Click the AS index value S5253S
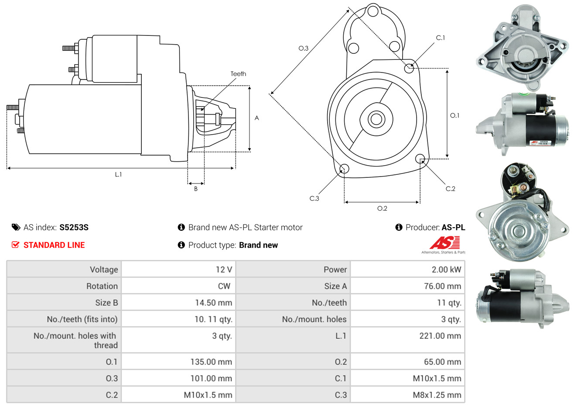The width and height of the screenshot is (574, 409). coord(74,227)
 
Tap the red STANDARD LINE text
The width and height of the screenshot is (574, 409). coord(54,245)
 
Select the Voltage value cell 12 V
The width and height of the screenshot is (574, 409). coord(224,270)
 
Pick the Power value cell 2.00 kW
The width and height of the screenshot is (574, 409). coord(446,270)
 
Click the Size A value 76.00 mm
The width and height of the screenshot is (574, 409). coord(442,286)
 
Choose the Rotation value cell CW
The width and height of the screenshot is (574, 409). coord(224,286)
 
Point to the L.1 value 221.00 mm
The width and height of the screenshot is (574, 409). coord(440,336)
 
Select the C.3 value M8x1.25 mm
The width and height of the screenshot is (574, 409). coord(437,395)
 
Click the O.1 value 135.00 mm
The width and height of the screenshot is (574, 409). coord(211,362)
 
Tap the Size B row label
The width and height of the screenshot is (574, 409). coord(106,303)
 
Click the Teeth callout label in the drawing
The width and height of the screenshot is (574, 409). coord(238,74)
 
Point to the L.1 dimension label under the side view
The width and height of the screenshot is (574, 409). coord(118,174)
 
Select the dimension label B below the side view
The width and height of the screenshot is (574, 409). coord(196,189)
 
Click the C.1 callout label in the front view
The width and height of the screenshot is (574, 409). coord(441,38)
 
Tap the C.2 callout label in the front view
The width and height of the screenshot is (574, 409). coord(450,189)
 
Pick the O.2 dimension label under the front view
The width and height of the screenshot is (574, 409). coord(382,208)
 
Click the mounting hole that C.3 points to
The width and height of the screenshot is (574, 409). coord(344,169)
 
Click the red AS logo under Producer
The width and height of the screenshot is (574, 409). coord(444,243)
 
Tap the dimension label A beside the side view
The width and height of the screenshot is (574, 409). coord(257,118)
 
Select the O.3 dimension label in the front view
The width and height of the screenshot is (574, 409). coord(303,48)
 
